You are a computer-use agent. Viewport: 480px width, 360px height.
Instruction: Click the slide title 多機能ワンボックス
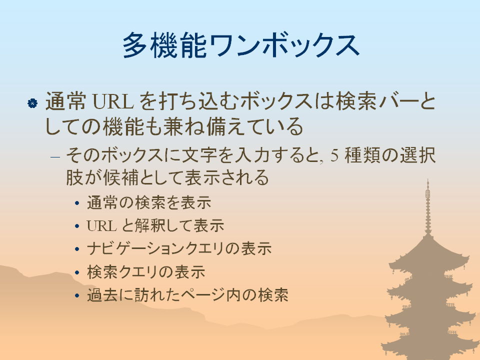pyautogui.click(x=241, y=45)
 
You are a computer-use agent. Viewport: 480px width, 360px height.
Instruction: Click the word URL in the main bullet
pyautogui.click(x=113, y=101)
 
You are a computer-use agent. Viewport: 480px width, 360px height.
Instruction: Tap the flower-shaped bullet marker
pyautogui.click(x=32, y=103)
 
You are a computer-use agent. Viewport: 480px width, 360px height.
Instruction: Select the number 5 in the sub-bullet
pyautogui.click(x=334, y=155)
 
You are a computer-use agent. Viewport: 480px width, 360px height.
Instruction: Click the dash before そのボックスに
pyautogui.click(x=55, y=157)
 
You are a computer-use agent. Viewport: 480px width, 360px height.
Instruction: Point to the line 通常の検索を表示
pyautogui.click(x=149, y=202)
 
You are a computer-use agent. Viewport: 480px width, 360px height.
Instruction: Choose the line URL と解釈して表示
pyautogui.click(x=155, y=226)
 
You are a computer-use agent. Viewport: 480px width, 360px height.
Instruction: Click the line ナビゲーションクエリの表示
pyautogui.click(x=179, y=248)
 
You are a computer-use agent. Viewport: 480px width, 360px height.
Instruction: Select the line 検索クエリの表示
pyautogui.click(x=146, y=272)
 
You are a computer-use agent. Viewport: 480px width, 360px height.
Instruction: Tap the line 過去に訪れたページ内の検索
pyautogui.click(x=187, y=295)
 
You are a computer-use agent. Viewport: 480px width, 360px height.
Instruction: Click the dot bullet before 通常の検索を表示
pyautogui.click(x=77, y=203)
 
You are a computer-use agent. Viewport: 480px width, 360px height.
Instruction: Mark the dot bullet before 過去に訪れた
pyautogui.click(x=77, y=295)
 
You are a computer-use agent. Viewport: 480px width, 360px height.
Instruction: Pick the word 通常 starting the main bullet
pyautogui.click(x=65, y=101)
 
